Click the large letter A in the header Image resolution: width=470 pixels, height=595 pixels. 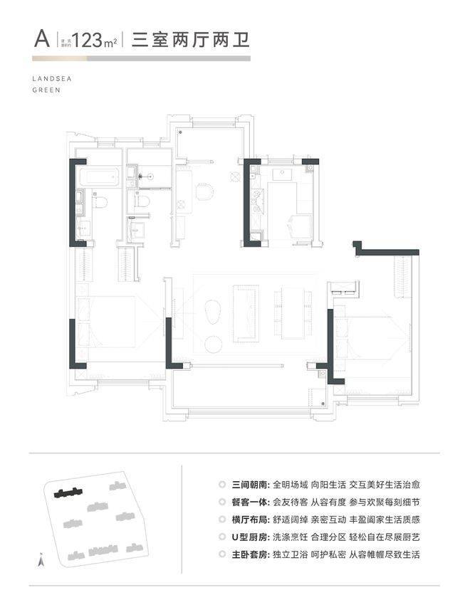[x=41, y=37]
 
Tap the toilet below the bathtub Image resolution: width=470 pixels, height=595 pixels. [x=101, y=203]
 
